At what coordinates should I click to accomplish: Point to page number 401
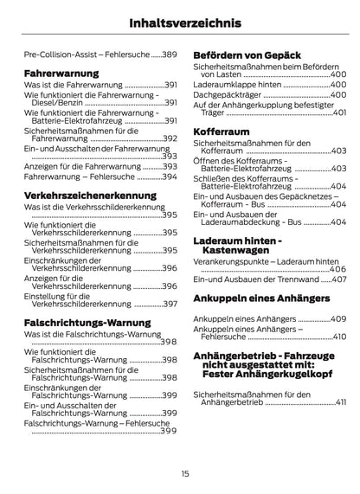click(x=339, y=112)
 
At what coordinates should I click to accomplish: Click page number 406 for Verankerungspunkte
click(x=338, y=269)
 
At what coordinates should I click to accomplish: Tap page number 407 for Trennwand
click(x=338, y=279)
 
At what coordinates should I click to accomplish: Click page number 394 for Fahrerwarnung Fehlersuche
click(x=170, y=176)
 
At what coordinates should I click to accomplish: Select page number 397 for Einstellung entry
click(x=170, y=304)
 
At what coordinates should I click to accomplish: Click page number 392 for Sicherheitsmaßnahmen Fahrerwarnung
click(x=170, y=138)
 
